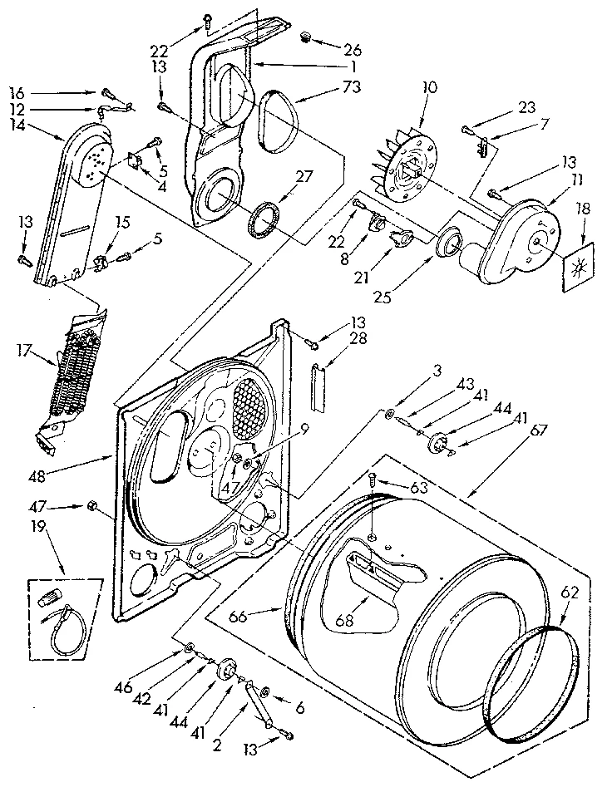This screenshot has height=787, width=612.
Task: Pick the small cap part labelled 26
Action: [x=306, y=37]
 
